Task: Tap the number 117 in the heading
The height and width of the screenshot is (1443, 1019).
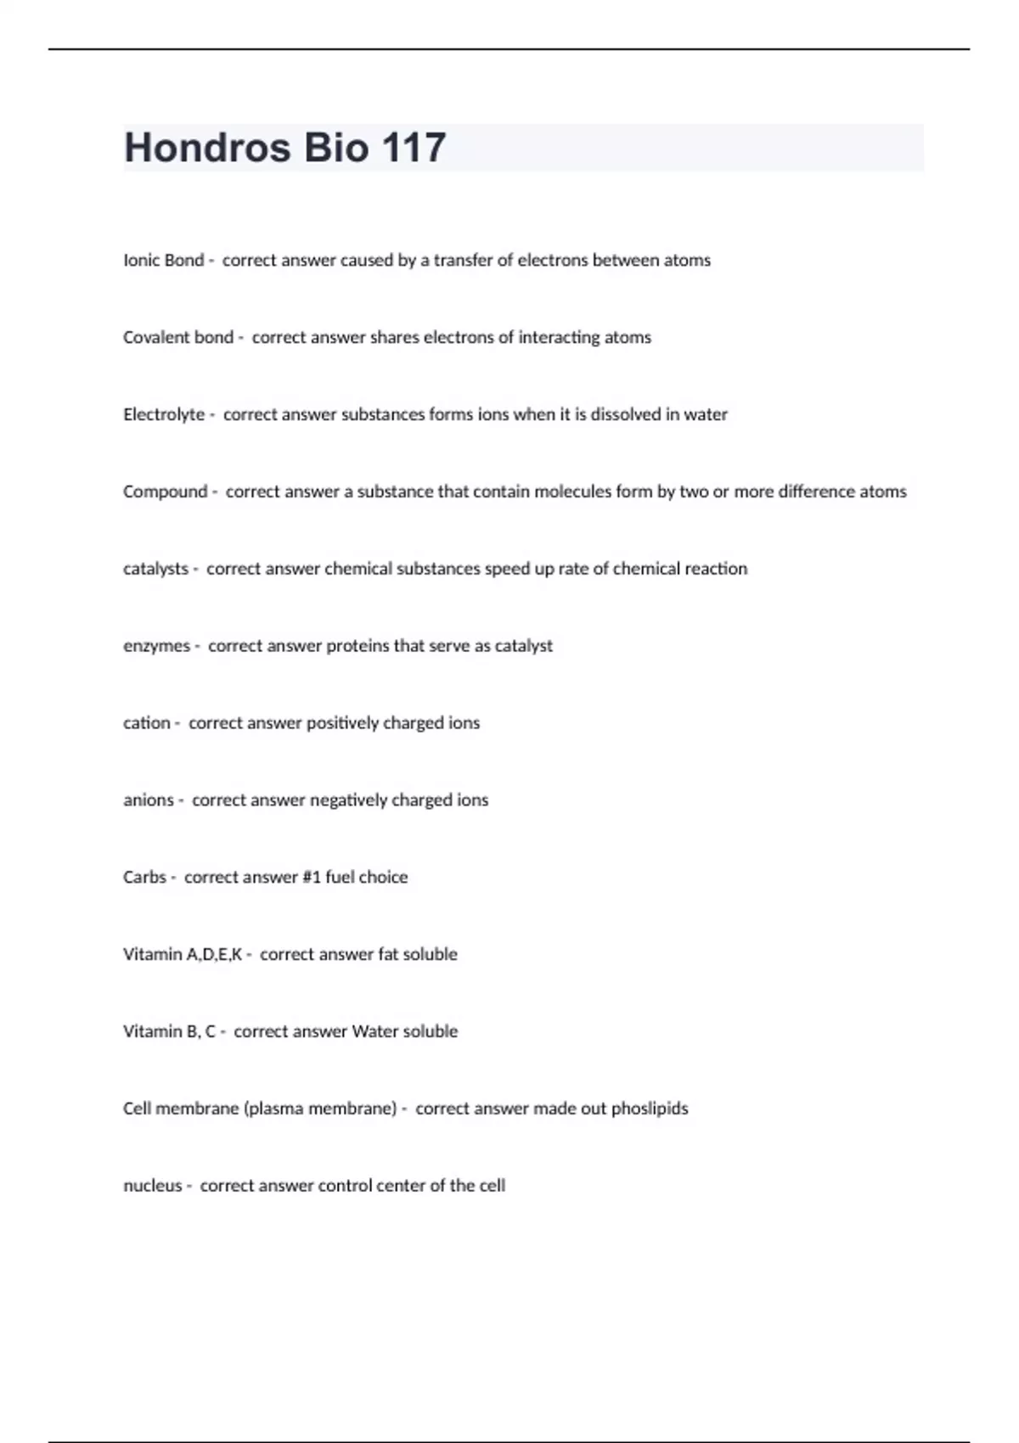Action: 414,148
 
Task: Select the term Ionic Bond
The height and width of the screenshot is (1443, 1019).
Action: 163,261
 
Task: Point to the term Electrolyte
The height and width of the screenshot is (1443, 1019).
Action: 164,415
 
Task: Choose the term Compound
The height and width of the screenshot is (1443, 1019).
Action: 165,492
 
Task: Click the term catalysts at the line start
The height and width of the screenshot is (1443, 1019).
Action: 155,569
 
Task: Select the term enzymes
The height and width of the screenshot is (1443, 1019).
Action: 156,646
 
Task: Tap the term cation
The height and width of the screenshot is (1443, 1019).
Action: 146,723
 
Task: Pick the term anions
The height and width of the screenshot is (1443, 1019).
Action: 148,800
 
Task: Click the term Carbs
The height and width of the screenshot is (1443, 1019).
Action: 144,878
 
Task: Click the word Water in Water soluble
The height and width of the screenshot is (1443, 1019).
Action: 374,1032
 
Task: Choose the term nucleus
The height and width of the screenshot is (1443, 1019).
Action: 152,1186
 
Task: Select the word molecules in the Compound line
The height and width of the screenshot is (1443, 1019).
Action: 574,492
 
